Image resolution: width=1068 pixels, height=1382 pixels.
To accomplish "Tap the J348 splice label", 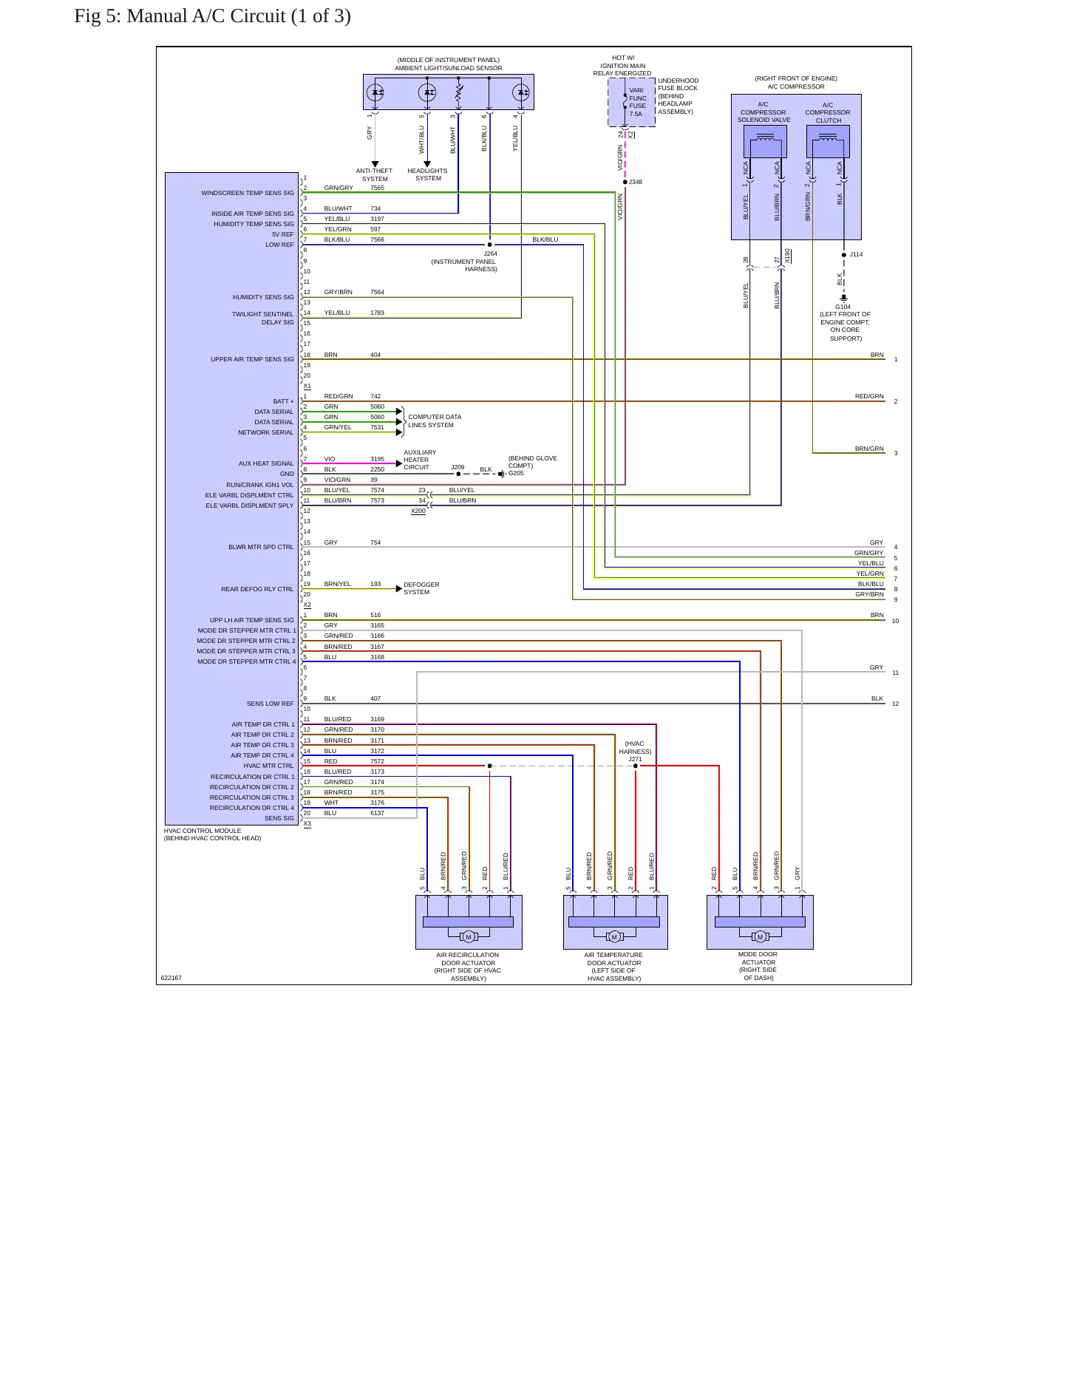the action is [x=636, y=182].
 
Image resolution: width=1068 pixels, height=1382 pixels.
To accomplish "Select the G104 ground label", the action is [x=843, y=307].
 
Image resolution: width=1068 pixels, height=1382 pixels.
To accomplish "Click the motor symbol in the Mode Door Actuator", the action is [x=760, y=937].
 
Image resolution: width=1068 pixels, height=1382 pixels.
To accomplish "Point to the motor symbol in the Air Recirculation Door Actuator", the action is [x=468, y=937].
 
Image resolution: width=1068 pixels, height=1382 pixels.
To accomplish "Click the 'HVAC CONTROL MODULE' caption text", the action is [x=203, y=831].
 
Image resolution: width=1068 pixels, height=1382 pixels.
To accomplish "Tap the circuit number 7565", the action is [x=377, y=188].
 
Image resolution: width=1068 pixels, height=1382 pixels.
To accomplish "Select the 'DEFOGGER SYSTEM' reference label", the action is [x=421, y=588].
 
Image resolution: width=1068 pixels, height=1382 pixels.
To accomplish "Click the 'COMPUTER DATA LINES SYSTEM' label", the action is [x=435, y=421].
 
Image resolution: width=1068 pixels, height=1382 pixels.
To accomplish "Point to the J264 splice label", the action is [x=490, y=253].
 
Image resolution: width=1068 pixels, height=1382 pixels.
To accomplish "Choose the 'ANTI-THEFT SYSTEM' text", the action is [x=375, y=174].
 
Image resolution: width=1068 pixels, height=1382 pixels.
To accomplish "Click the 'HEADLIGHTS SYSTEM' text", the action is [x=427, y=174].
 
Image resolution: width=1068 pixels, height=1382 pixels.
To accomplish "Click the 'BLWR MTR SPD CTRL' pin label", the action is [x=261, y=547].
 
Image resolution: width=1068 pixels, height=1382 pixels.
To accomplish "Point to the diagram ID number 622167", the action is [x=171, y=978].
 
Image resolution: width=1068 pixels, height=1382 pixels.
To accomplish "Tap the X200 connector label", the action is [x=418, y=511].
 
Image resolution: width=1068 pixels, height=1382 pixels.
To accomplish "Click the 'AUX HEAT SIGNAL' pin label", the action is [x=266, y=463].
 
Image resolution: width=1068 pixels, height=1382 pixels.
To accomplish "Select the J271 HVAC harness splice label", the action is [x=636, y=759].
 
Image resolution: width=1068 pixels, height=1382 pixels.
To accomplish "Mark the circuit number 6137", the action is [x=377, y=813].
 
